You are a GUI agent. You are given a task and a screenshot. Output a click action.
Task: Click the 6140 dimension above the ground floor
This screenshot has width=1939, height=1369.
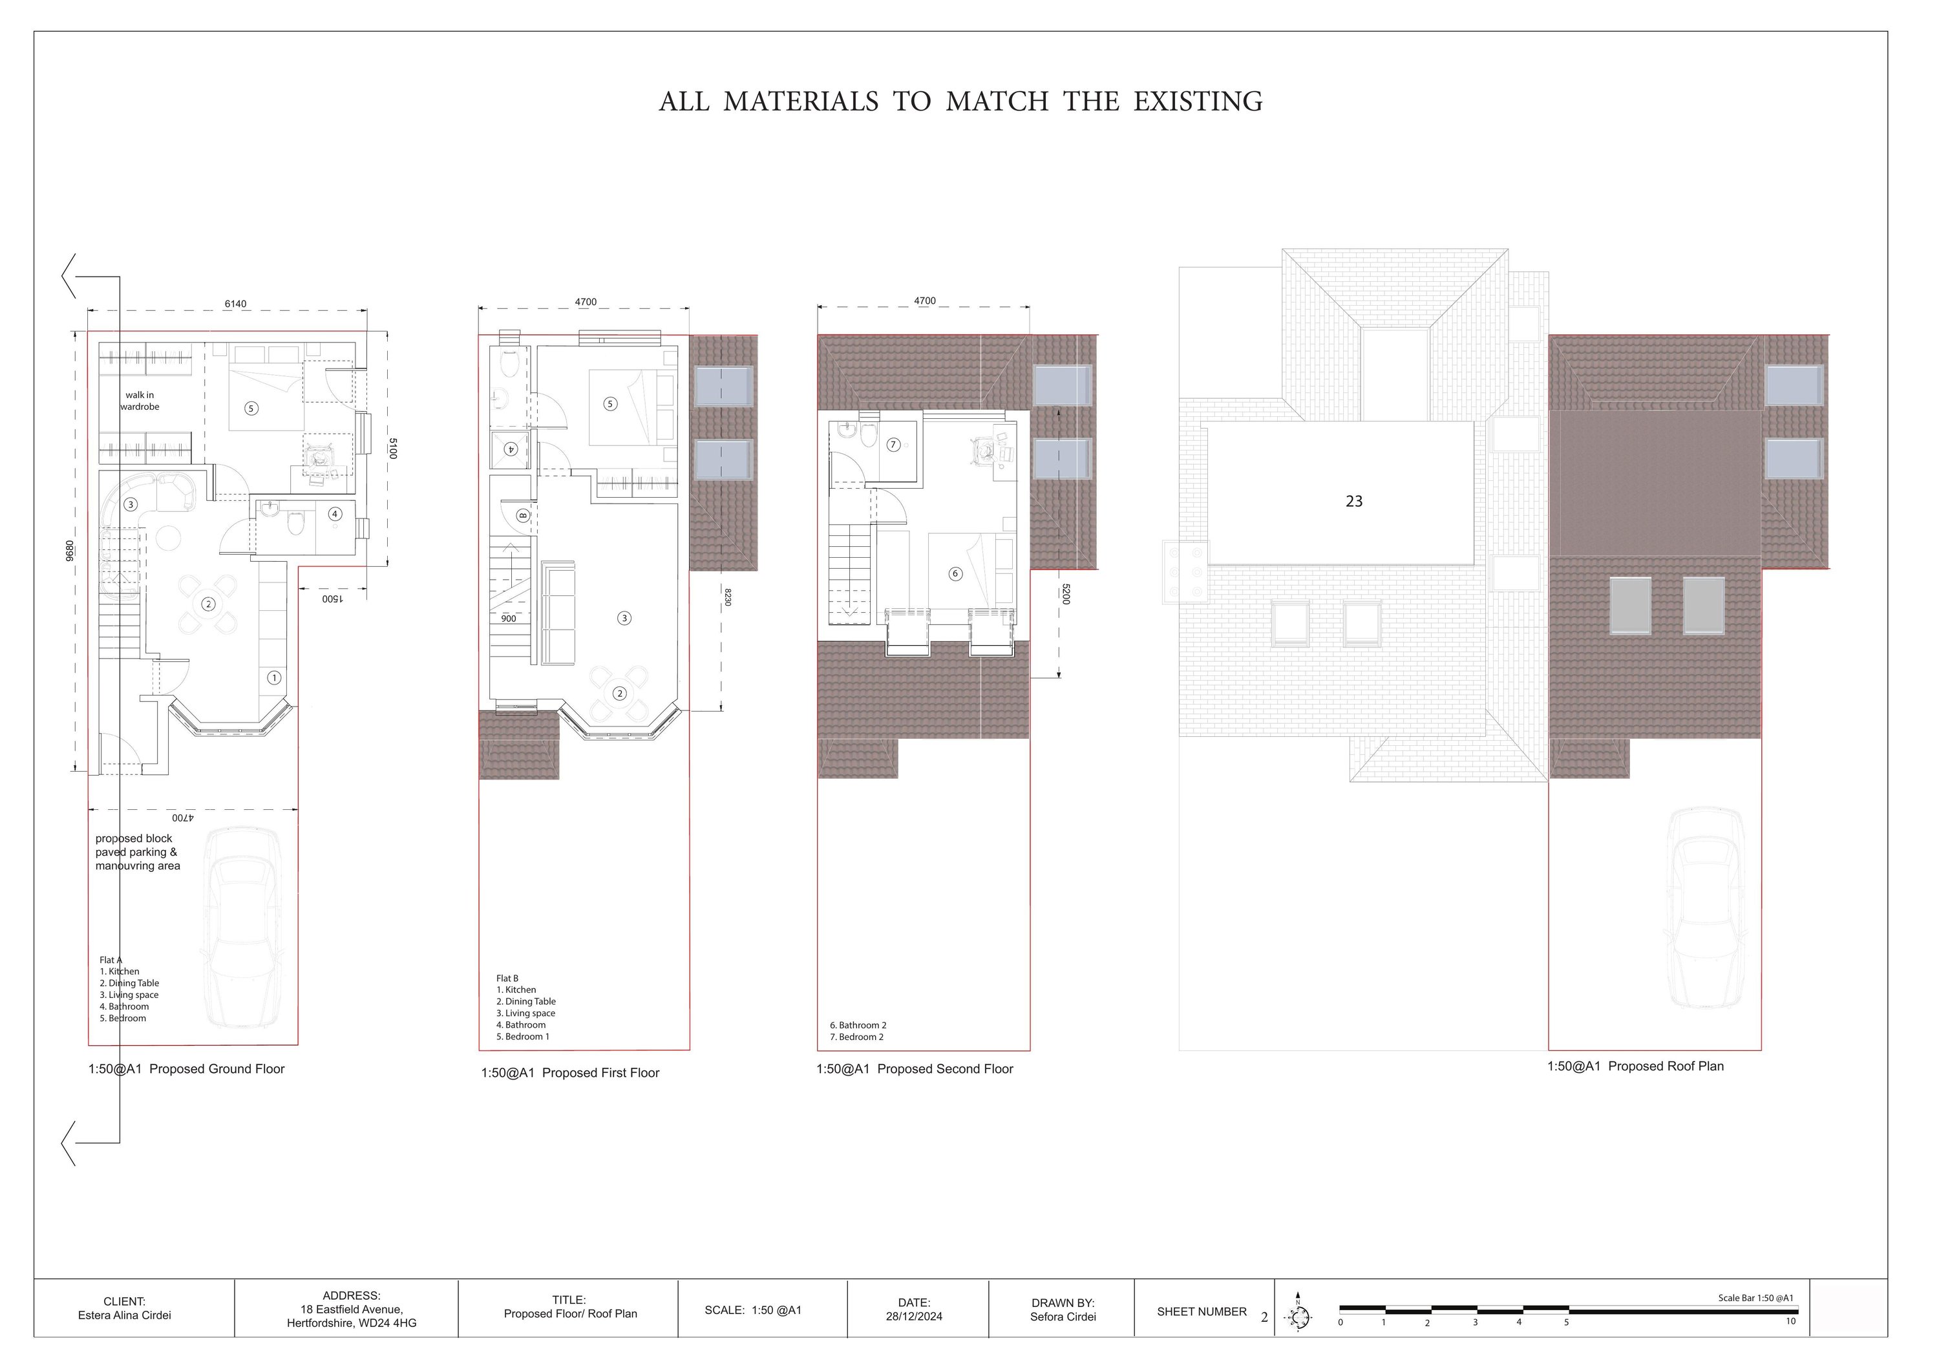coord(236,304)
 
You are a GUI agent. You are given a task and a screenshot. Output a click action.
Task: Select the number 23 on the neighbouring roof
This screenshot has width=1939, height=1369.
coord(1354,502)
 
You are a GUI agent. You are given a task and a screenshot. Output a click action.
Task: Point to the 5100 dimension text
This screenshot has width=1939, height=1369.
coord(393,449)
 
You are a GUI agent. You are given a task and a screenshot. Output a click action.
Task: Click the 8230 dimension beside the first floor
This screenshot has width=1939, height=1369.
coord(728,597)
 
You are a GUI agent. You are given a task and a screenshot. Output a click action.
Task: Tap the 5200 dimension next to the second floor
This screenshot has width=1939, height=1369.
coord(1066,595)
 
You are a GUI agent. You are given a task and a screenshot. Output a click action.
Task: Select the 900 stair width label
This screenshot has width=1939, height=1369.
coord(509,619)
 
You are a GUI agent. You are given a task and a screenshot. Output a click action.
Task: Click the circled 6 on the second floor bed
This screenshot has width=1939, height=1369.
coord(955,574)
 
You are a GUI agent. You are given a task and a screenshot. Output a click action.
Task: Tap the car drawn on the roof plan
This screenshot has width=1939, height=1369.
coord(1707,908)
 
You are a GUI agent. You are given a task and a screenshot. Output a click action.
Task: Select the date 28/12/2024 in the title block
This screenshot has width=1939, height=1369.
coord(914,1317)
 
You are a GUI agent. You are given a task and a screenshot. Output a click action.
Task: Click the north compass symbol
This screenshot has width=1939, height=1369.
coord(1299,1317)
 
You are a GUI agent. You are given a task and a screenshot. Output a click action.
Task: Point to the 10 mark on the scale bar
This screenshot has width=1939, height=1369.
coord(1790,1322)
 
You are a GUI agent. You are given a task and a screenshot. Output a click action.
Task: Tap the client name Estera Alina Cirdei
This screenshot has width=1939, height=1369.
coord(124,1316)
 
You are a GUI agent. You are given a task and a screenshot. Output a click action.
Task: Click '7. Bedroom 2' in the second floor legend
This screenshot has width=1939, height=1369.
coord(856,1037)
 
